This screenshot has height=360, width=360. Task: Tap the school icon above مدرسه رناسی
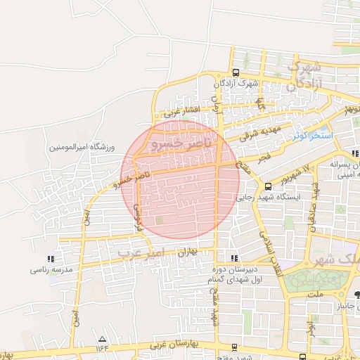49,258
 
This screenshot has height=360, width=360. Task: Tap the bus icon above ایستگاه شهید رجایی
268,186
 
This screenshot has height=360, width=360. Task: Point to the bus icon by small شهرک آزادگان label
235,72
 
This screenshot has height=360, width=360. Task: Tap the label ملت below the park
325,297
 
